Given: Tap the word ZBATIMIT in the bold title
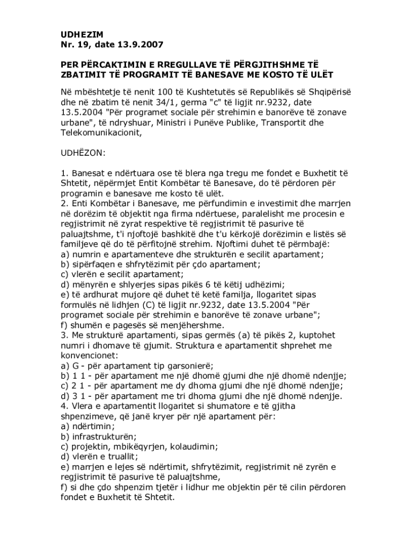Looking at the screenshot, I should [83, 74].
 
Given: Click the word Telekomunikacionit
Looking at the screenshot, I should [101, 132].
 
